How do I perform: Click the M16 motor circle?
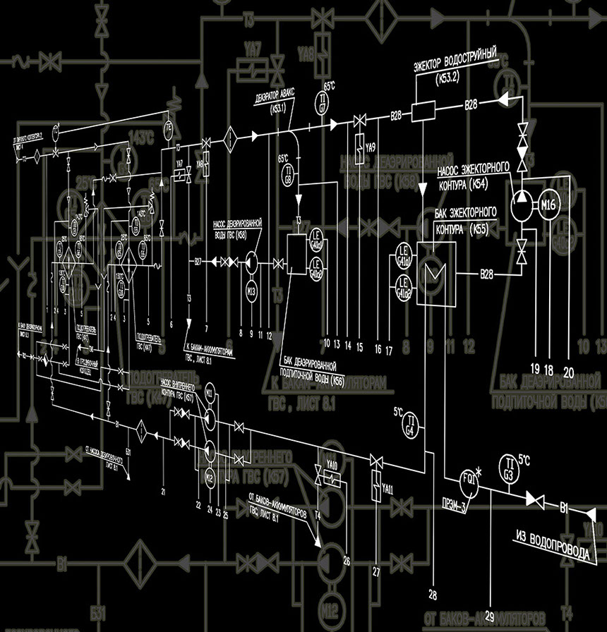tap(549, 205)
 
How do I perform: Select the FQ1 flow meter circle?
tap(469, 477)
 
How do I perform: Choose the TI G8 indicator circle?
tap(288, 174)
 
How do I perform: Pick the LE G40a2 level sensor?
tap(318, 264)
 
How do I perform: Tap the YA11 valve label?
tap(387, 489)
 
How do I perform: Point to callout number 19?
tap(535, 366)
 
